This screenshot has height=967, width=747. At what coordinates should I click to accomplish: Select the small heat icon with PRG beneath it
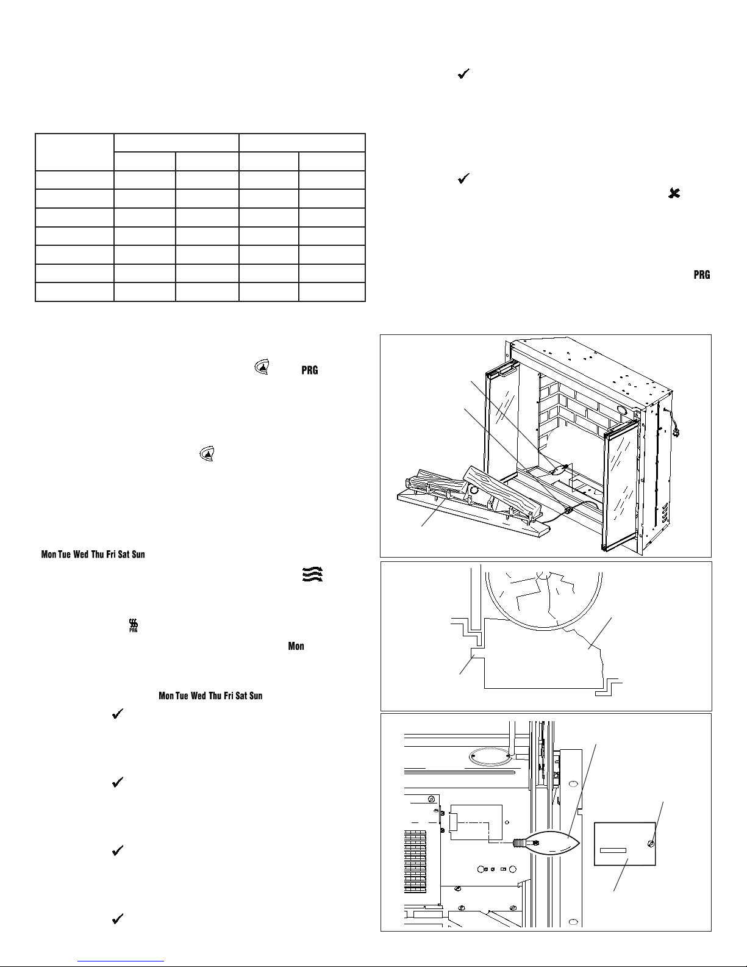pos(134,625)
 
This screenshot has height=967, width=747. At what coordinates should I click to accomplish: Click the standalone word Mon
pos(296,646)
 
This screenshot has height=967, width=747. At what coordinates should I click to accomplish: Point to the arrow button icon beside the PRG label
pos(262,368)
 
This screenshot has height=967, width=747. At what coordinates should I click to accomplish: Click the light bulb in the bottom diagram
pos(549,843)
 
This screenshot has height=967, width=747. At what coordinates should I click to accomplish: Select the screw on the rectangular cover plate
pos(651,844)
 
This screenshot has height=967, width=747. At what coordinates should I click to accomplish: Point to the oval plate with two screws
pos(490,757)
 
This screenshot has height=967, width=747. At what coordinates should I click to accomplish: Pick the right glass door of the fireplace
pos(621,482)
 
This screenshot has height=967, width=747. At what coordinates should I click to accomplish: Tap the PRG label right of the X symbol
pos(701,275)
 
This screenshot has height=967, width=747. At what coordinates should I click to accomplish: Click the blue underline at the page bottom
pos(122,961)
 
